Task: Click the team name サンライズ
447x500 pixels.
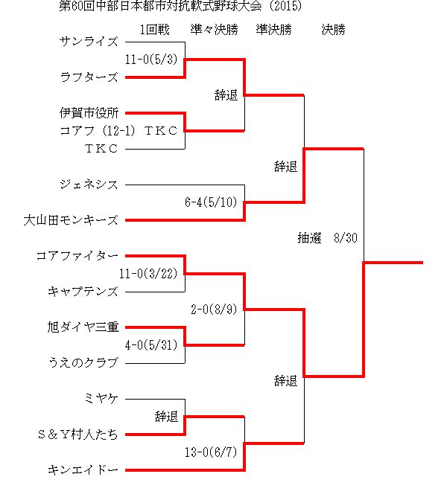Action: [x=89, y=42]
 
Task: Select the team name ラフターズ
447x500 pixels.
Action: [x=89, y=77]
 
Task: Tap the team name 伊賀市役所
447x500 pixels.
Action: [x=89, y=113]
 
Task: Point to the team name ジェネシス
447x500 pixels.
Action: [x=89, y=185]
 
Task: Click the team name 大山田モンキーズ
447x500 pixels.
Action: [x=71, y=220]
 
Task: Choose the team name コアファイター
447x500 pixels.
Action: [x=77, y=256]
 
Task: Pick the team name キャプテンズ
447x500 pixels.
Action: [x=83, y=292]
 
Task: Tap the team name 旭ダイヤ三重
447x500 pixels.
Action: [x=83, y=327]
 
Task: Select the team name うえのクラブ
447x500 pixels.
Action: [x=83, y=363]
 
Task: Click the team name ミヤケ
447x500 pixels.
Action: [x=101, y=399]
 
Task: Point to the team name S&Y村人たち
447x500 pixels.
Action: [x=78, y=435]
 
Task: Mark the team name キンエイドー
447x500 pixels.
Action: [x=83, y=470]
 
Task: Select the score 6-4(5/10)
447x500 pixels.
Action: [x=211, y=202]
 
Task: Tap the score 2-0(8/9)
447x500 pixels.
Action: [x=214, y=310]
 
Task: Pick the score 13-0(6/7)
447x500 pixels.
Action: [x=211, y=452]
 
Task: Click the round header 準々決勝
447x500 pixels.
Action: [x=215, y=30]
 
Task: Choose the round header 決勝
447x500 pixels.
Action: [x=333, y=30]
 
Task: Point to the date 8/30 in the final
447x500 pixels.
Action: [x=346, y=238]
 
